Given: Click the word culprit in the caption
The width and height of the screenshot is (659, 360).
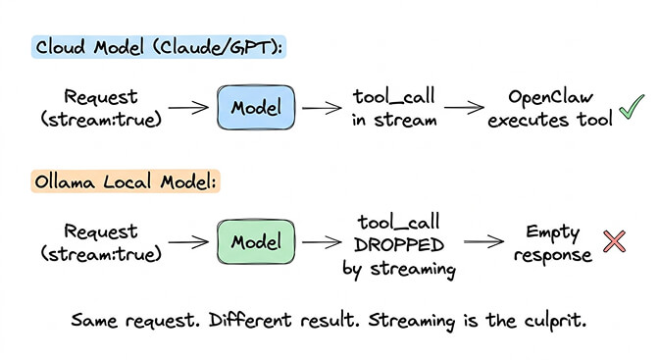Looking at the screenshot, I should point(552,321).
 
